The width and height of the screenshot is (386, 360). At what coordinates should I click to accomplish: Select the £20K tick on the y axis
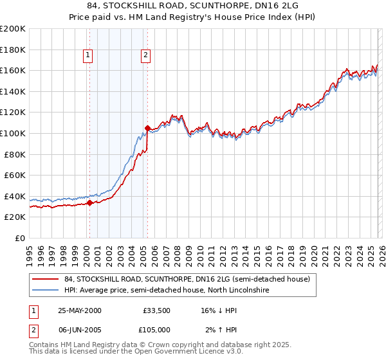tap(15, 217)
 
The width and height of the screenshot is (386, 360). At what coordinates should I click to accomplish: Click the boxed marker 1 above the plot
tap(88, 56)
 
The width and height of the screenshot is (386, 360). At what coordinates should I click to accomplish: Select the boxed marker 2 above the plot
tap(146, 56)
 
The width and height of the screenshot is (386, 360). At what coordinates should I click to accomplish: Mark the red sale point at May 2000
tap(90, 203)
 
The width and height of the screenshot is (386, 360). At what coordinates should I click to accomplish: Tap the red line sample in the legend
tap(46, 279)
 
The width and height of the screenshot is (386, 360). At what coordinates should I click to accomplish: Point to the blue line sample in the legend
tap(46, 291)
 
